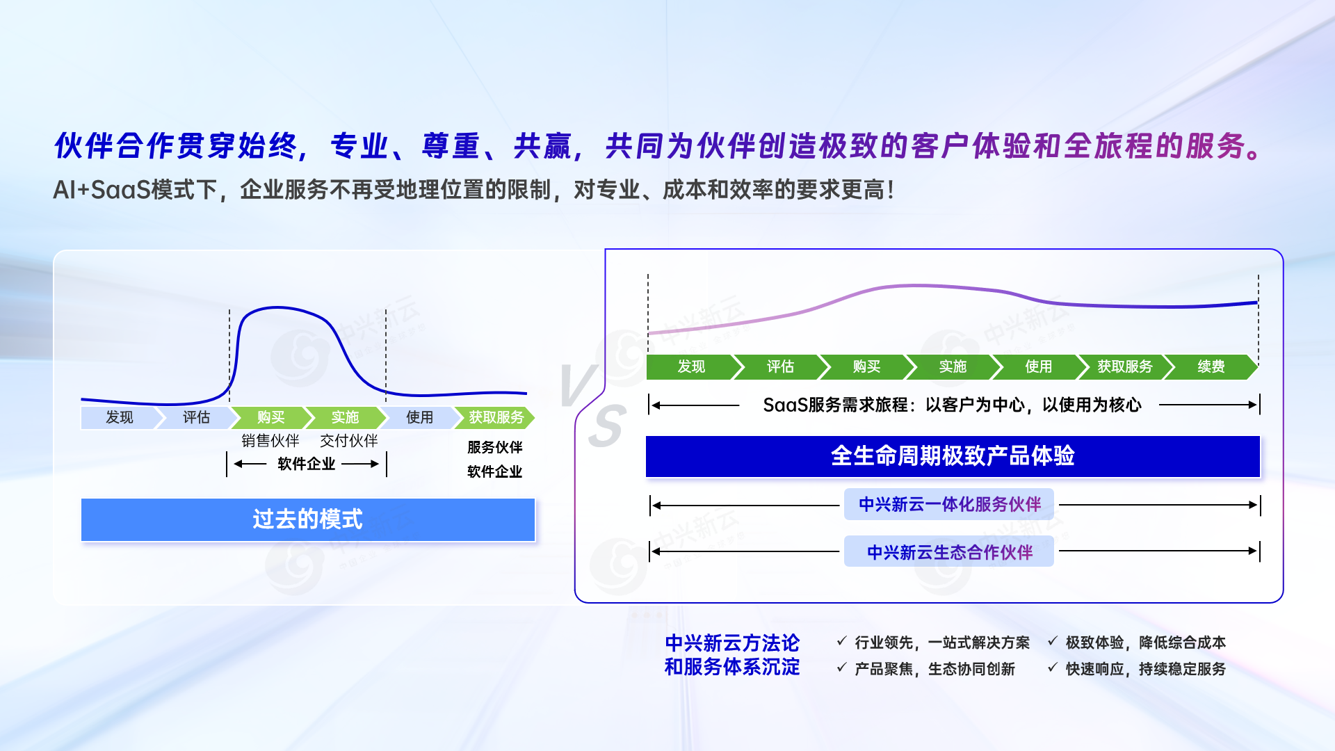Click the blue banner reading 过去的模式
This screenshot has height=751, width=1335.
[308, 519]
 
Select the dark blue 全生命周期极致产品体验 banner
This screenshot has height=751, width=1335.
[953, 456]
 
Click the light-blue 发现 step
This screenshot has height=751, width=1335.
[120, 417]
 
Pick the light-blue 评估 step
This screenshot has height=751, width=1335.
[197, 417]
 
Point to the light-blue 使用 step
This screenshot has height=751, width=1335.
[419, 417]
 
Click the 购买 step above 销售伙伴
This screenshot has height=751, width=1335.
[270, 417]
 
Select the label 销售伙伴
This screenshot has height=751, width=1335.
[270, 441]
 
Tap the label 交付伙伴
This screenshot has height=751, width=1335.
[349, 441]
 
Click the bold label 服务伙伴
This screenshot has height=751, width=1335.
[495, 447]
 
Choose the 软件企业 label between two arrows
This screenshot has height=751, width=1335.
[307, 464]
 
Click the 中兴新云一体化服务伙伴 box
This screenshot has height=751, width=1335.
[949, 504]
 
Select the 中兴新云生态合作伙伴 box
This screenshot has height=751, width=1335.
[949, 552]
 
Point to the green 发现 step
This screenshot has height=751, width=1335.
[691, 366]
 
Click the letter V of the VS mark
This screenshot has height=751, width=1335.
[578, 385]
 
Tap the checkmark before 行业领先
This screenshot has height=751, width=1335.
[841, 641]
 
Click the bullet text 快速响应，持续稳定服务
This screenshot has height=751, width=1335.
[1146, 669]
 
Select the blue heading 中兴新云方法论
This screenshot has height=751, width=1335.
[732, 643]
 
